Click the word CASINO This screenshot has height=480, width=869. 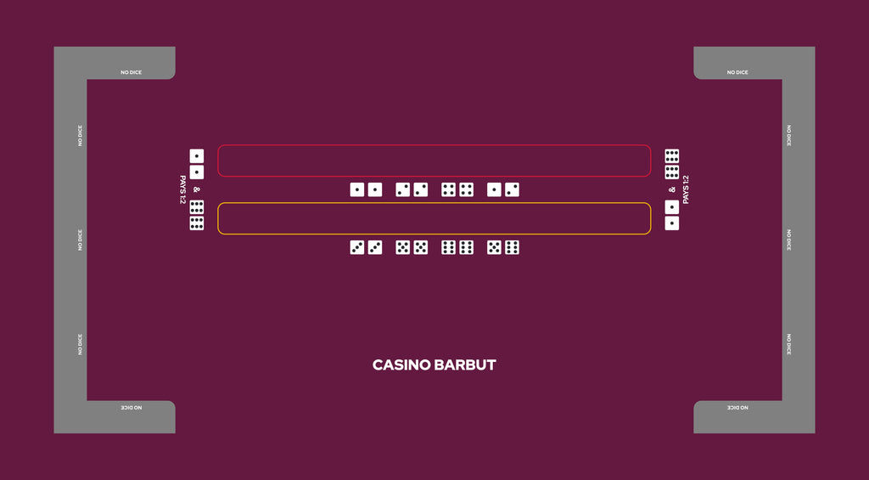(401, 365)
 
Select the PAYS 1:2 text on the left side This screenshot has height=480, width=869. (182, 189)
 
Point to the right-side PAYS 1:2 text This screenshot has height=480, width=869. (686, 189)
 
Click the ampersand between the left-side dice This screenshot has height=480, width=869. (197, 189)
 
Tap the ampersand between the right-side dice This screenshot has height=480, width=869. (672, 189)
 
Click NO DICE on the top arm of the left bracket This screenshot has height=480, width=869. (132, 73)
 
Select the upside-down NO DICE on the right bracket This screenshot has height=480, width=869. (737, 408)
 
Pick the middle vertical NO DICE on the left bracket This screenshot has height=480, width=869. (80, 240)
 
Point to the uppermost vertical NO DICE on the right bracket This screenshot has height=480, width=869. (789, 135)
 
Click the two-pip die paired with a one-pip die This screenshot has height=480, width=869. (512, 189)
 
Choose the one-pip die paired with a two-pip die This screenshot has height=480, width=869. (495, 189)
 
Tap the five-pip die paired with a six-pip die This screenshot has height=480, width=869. (495, 247)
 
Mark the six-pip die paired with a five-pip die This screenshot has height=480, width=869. (512, 247)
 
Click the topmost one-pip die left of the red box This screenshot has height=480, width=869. (197, 156)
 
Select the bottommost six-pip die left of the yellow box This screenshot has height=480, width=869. (197, 223)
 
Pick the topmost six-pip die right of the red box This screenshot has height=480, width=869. (672, 156)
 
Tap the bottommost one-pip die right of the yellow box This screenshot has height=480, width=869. (672, 223)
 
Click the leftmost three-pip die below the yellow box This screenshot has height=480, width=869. (357, 247)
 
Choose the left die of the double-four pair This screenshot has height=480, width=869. (448, 189)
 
